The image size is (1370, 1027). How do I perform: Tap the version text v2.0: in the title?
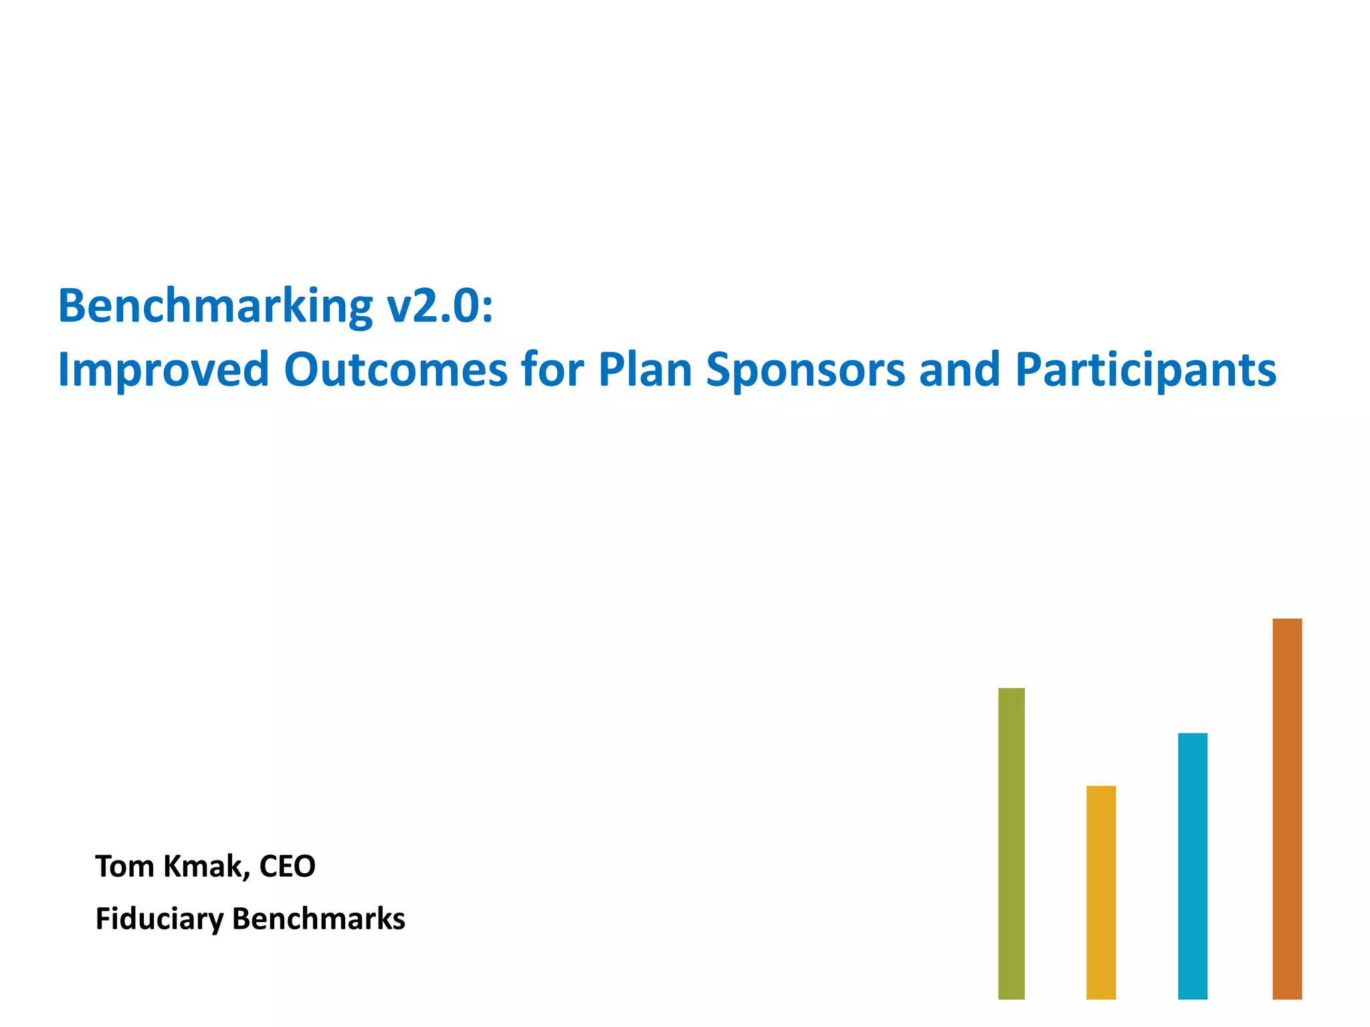[x=439, y=307]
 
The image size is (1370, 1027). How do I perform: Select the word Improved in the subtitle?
[x=163, y=370]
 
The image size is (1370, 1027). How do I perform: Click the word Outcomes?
[x=395, y=370]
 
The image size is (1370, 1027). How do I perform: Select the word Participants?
[x=1145, y=370]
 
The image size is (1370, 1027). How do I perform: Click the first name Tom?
[x=125, y=867]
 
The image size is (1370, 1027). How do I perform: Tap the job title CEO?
[x=287, y=867]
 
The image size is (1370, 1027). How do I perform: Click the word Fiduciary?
[x=159, y=919]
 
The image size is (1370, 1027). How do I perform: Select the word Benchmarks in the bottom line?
[x=318, y=919]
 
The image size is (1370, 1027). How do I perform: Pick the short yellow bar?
[x=1100, y=893]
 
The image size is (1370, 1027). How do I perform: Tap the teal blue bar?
[x=1192, y=866]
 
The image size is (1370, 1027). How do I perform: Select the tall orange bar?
[x=1286, y=809]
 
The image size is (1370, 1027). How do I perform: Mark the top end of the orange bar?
[x=1286, y=620]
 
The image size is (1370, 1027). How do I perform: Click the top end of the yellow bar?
[x=1100, y=788]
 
